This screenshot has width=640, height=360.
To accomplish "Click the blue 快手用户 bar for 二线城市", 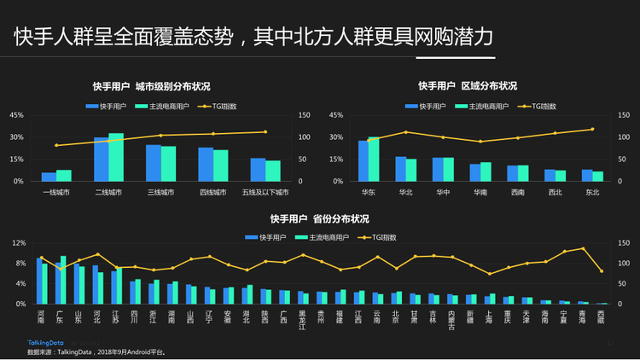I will (102, 159).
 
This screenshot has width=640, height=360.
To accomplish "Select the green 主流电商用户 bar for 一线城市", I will (64, 176).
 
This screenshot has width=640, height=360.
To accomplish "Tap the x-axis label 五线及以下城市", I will (265, 192).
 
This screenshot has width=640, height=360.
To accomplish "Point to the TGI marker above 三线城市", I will (160, 135).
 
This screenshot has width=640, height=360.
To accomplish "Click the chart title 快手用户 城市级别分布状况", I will (151, 86).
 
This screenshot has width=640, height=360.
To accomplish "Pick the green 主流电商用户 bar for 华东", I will (374, 159).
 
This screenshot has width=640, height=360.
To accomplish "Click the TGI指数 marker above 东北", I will (592, 130).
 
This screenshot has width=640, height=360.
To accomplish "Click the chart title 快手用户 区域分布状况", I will (467, 86).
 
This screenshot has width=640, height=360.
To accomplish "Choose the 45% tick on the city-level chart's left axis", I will (16, 115).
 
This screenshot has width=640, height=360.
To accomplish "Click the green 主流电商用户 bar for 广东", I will (63, 280).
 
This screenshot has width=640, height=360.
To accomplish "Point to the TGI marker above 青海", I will (583, 248).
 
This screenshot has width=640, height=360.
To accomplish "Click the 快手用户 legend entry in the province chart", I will (265, 236).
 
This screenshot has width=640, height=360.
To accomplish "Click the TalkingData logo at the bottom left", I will (47, 342).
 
